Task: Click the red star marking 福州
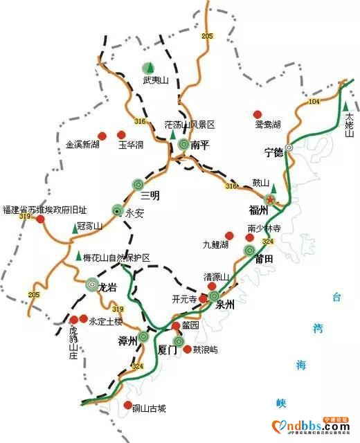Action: pos(271,200)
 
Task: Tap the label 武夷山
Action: pos(156,80)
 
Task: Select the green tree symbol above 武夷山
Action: pos(148,67)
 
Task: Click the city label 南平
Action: pos(200,145)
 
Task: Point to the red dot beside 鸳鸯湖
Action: pos(258,114)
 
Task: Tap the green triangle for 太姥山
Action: pos(345,105)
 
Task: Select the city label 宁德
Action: pos(275,152)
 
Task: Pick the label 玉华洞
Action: pos(129,146)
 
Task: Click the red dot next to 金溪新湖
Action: pos(101,135)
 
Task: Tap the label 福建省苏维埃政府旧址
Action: pos(35,209)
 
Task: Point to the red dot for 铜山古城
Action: pos(127,406)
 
